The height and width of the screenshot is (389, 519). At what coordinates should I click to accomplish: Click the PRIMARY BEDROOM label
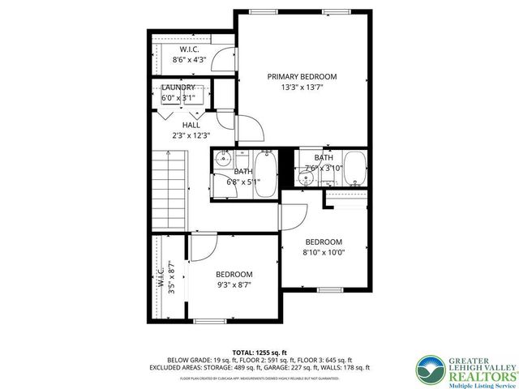(302, 76)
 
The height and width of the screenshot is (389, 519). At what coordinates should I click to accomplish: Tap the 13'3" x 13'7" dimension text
(302, 88)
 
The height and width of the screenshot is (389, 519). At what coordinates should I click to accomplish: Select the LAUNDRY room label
(178, 88)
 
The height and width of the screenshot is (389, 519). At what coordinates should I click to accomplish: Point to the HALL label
(191, 125)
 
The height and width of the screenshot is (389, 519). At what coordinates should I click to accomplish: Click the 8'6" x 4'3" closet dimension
(189, 59)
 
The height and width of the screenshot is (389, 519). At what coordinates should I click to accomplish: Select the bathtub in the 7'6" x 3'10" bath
(354, 168)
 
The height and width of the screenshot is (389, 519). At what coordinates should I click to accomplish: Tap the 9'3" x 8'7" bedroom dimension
(234, 285)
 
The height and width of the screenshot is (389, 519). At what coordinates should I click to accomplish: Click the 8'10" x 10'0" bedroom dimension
(324, 252)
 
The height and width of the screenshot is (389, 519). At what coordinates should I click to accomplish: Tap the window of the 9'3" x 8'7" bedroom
(210, 321)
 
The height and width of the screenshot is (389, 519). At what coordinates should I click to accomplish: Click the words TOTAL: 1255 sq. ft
(259, 352)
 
